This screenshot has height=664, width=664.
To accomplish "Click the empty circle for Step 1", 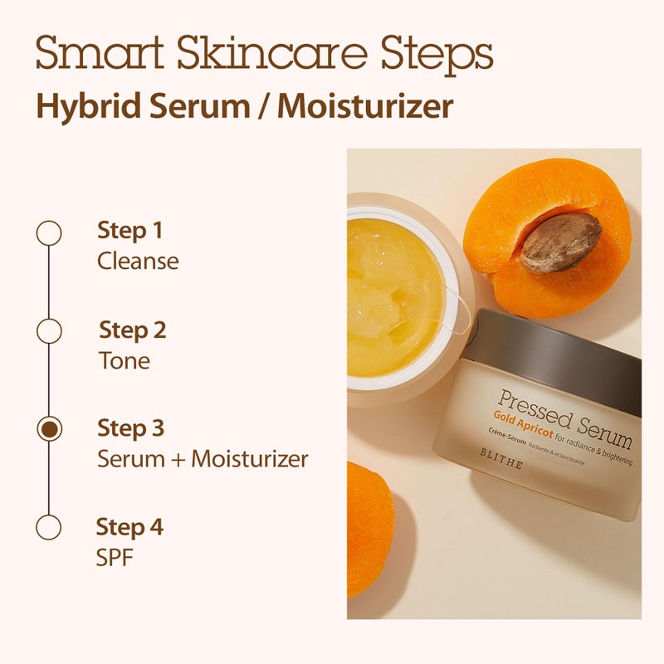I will pos(49,233).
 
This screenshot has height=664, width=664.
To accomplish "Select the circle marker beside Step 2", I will pos(49,330).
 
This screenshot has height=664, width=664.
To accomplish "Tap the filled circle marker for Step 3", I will pos(50,429).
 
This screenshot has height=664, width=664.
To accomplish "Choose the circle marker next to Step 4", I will pos(49,527).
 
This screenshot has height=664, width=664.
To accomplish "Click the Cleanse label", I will pos(138,261).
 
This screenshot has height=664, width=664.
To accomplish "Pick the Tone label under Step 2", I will pos(124,359).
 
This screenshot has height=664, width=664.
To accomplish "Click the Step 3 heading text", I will pos(131,428).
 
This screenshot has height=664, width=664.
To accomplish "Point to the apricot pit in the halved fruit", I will pos(560,242).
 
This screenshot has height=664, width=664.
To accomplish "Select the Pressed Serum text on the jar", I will pos(564,414).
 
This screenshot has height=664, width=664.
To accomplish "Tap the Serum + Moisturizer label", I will pos(203,458).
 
